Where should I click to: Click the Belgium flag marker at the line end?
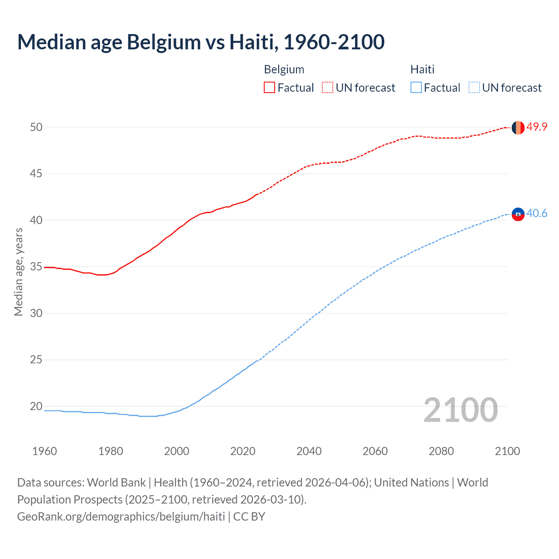tap(518, 128)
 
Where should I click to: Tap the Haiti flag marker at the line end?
tap(518, 214)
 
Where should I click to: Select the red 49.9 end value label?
tap(537, 127)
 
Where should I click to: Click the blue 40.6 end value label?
tap(537, 214)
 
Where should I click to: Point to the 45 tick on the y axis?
tap(36, 174)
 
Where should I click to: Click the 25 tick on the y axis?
tap(36, 360)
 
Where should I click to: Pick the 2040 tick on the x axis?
tap(309, 451)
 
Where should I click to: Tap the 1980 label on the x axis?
tap(110, 451)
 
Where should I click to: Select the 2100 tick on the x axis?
tap(507, 451)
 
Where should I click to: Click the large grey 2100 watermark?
tap(461, 410)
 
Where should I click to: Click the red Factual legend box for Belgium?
tap(269, 88)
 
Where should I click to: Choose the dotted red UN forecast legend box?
tap(328, 88)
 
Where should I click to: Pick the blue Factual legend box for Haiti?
tap(416, 88)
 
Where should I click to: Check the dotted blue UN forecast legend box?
tap(474, 88)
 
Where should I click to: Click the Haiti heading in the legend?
tap(422, 69)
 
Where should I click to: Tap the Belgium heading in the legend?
tap(284, 69)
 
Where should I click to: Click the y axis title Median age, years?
tap(18, 272)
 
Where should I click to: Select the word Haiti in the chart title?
tap(253, 42)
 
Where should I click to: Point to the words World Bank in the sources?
tap(116, 483)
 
